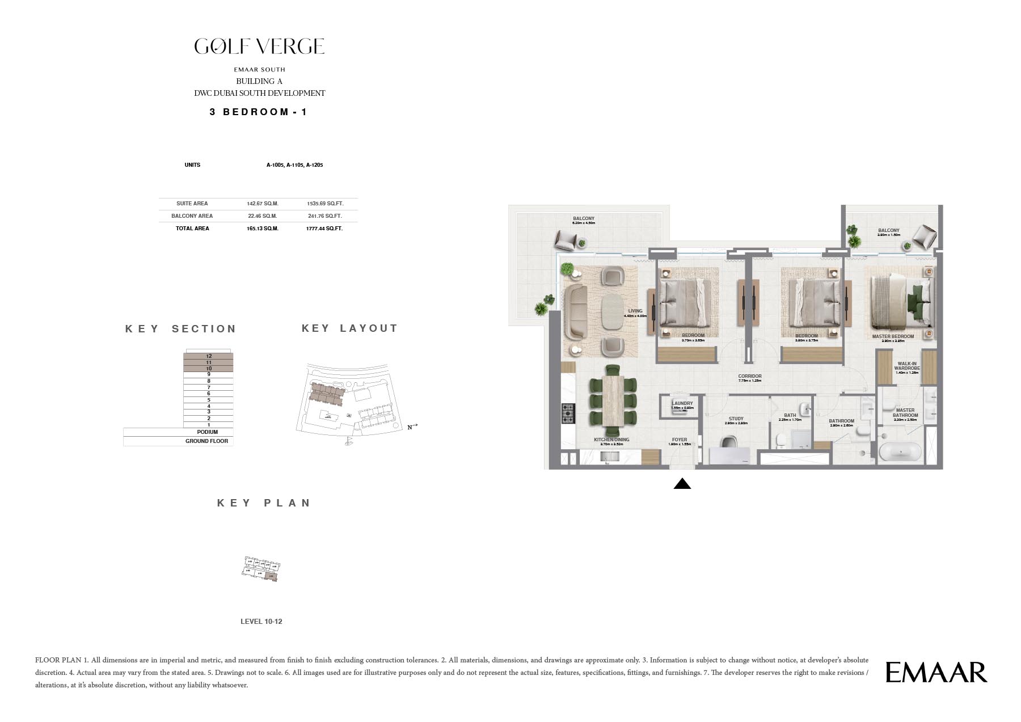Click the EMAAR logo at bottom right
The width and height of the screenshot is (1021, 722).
pos(936,673)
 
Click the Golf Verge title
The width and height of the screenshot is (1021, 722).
pos(259,47)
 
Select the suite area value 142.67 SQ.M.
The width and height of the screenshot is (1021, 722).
pos(262,204)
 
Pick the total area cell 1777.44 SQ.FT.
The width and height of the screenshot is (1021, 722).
pos(324,229)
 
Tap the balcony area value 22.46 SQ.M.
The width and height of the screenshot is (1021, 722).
pos(262,216)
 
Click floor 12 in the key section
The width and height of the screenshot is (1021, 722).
pos(209,356)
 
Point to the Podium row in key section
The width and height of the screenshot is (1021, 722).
pos(208,432)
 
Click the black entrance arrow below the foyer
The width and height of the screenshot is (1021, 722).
pos(682,484)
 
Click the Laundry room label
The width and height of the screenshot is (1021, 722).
pos(682,404)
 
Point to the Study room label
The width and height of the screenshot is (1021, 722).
pos(736,419)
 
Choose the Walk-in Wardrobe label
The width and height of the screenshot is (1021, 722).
pos(907,366)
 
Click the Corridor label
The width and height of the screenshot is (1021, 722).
pos(750,377)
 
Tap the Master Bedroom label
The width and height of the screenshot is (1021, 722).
pos(893,337)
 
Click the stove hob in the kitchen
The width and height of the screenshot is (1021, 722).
pos(568,413)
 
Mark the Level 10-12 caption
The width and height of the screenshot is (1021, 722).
pos(261,622)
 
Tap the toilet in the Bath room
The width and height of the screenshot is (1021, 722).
pos(780,440)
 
